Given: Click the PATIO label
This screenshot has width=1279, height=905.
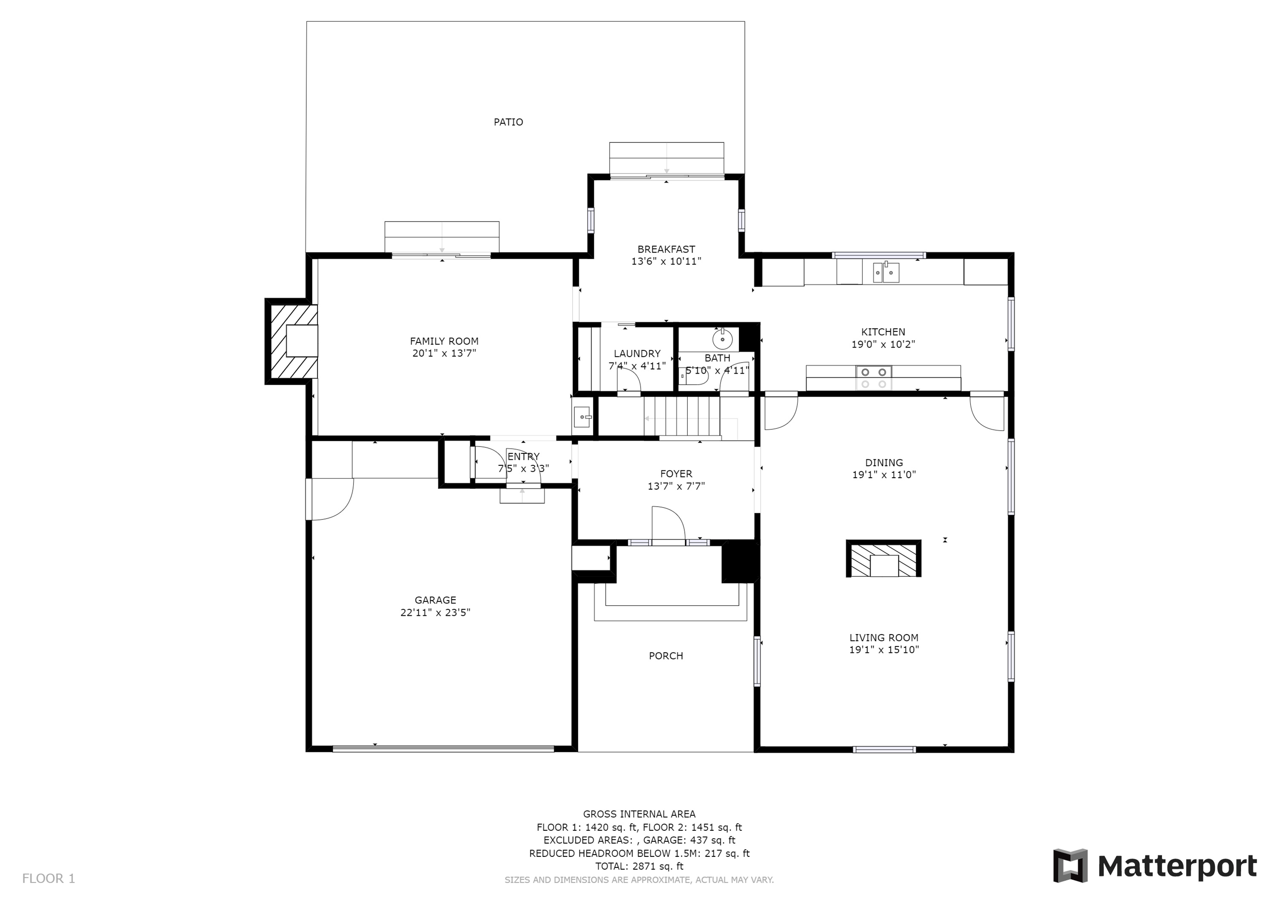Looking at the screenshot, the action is pos(508,122).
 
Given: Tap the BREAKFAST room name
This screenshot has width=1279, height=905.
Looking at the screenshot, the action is pos(666,249).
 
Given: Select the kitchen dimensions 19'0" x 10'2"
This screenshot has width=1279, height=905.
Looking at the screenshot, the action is pos(883,345).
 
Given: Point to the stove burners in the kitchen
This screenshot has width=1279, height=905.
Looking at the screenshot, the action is pos(874,378).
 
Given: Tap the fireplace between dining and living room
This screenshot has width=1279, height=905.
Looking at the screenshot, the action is pos(883,558).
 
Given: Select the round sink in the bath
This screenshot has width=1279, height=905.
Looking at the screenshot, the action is pos(723,338).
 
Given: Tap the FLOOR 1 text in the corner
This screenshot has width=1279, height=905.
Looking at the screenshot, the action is pos(49,879).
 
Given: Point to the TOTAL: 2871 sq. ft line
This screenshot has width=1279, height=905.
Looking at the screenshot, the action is pos(639,866).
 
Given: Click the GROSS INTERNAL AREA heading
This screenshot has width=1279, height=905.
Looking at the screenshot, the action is pos(639,814).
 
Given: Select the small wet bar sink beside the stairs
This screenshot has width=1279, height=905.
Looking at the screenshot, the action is pos(582,416).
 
